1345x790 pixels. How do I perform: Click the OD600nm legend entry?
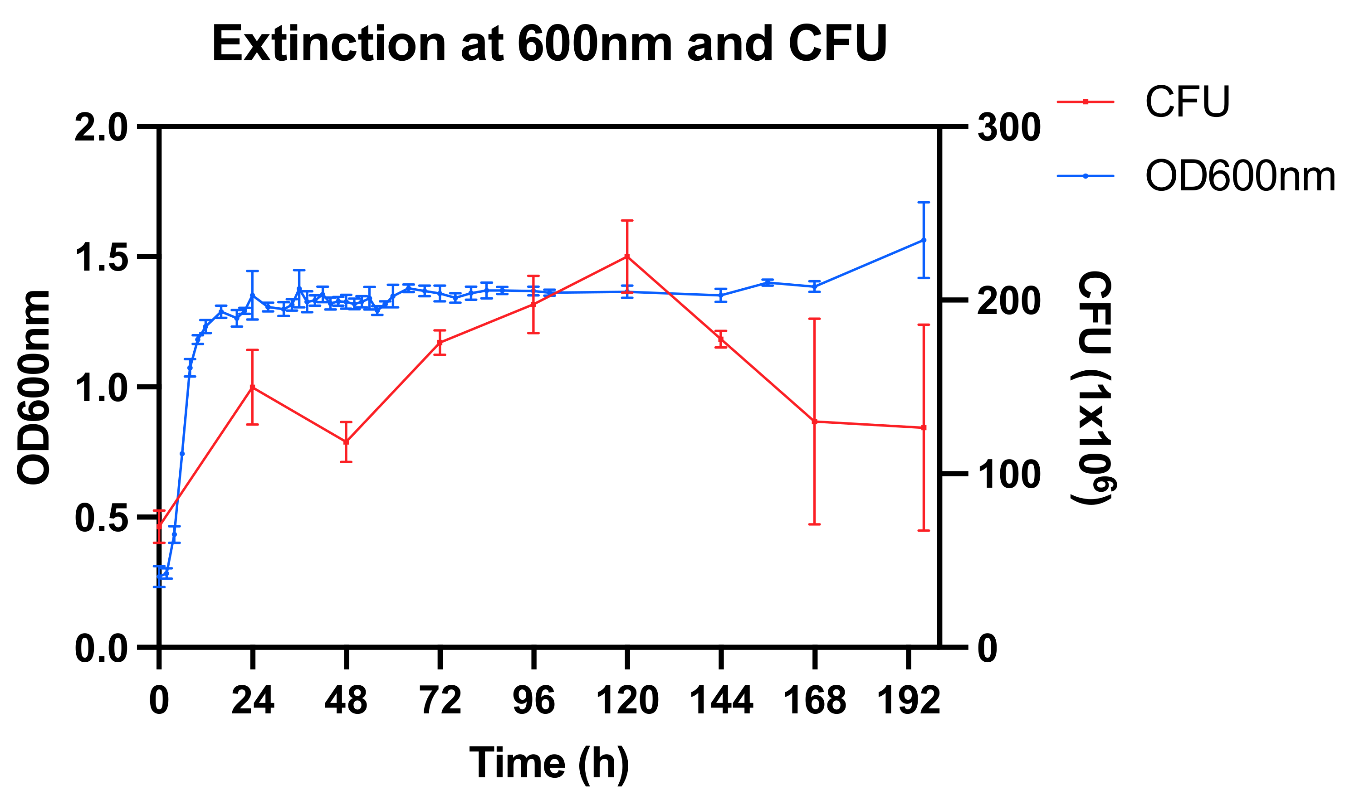click(x=1239, y=176)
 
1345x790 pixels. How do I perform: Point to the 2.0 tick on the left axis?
click(x=102, y=127)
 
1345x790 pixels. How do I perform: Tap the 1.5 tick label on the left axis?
click(x=102, y=257)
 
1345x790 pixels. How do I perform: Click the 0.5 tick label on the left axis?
click(x=102, y=518)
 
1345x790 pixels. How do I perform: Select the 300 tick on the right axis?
click(x=1008, y=127)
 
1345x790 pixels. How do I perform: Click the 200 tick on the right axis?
click(x=1008, y=301)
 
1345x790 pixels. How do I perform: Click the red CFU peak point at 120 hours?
click(x=627, y=257)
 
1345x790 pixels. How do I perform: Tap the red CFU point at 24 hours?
click(x=253, y=387)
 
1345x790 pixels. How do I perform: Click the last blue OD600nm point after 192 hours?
click(x=924, y=240)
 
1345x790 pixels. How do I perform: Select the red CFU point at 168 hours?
click(x=814, y=422)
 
